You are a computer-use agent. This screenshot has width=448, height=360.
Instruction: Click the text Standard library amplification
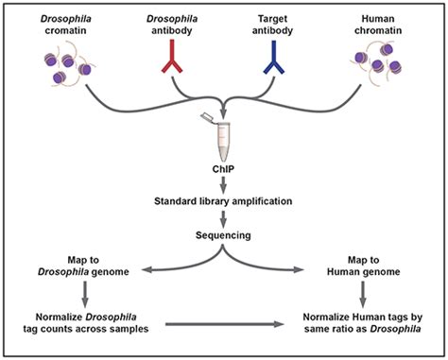click(222, 201)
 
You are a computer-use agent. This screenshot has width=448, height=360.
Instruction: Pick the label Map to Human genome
click(367, 266)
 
